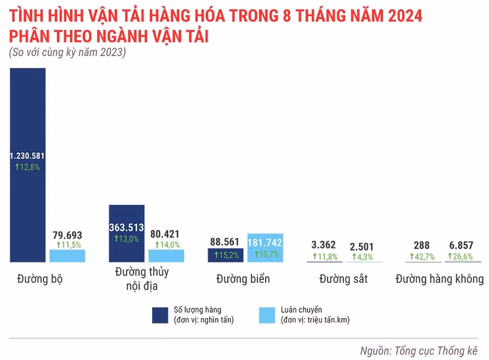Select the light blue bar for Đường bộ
pyautogui.click(x=67, y=256)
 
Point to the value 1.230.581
pyautogui.click(x=28, y=156)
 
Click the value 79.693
pyautogui.click(x=67, y=235)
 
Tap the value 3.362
pyautogui.click(x=323, y=245)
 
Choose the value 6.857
pyautogui.click(x=460, y=245)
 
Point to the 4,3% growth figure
pyautogui.click(x=362, y=257)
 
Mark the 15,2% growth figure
pyautogui.click(x=225, y=255)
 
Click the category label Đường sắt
pyautogui.click(x=343, y=279)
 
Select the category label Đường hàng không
pyautogui.click(x=440, y=279)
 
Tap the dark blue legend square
pyautogui.click(x=160, y=315)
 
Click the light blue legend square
pyautogui.click(x=267, y=315)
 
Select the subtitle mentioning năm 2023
pyautogui.click(x=67, y=53)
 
